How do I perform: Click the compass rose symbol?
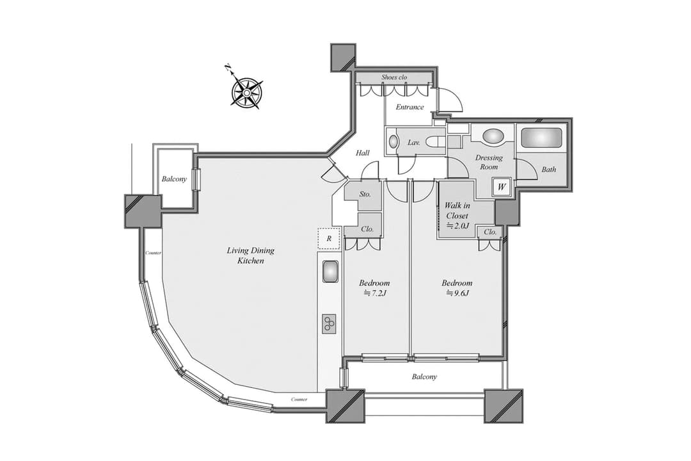pos(247,92)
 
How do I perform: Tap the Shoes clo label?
pos(394,77)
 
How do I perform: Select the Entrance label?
pos(409,107)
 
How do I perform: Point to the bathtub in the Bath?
pos(542,137)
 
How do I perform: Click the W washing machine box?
pos(502,186)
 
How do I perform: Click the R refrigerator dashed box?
pos(329,239)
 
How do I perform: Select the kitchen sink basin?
pos(330,271)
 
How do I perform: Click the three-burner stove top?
pos(330,324)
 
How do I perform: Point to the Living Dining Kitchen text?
pos(251,255)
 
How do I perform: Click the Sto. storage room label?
pos(365,194)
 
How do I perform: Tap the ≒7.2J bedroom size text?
pos(374,293)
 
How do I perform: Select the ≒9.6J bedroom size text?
pos(457,293)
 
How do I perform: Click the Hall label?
pos(363,153)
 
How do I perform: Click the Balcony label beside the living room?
pos(174,179)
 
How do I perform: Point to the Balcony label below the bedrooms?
pos(424,376)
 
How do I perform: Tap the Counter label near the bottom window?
pos(299,400)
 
